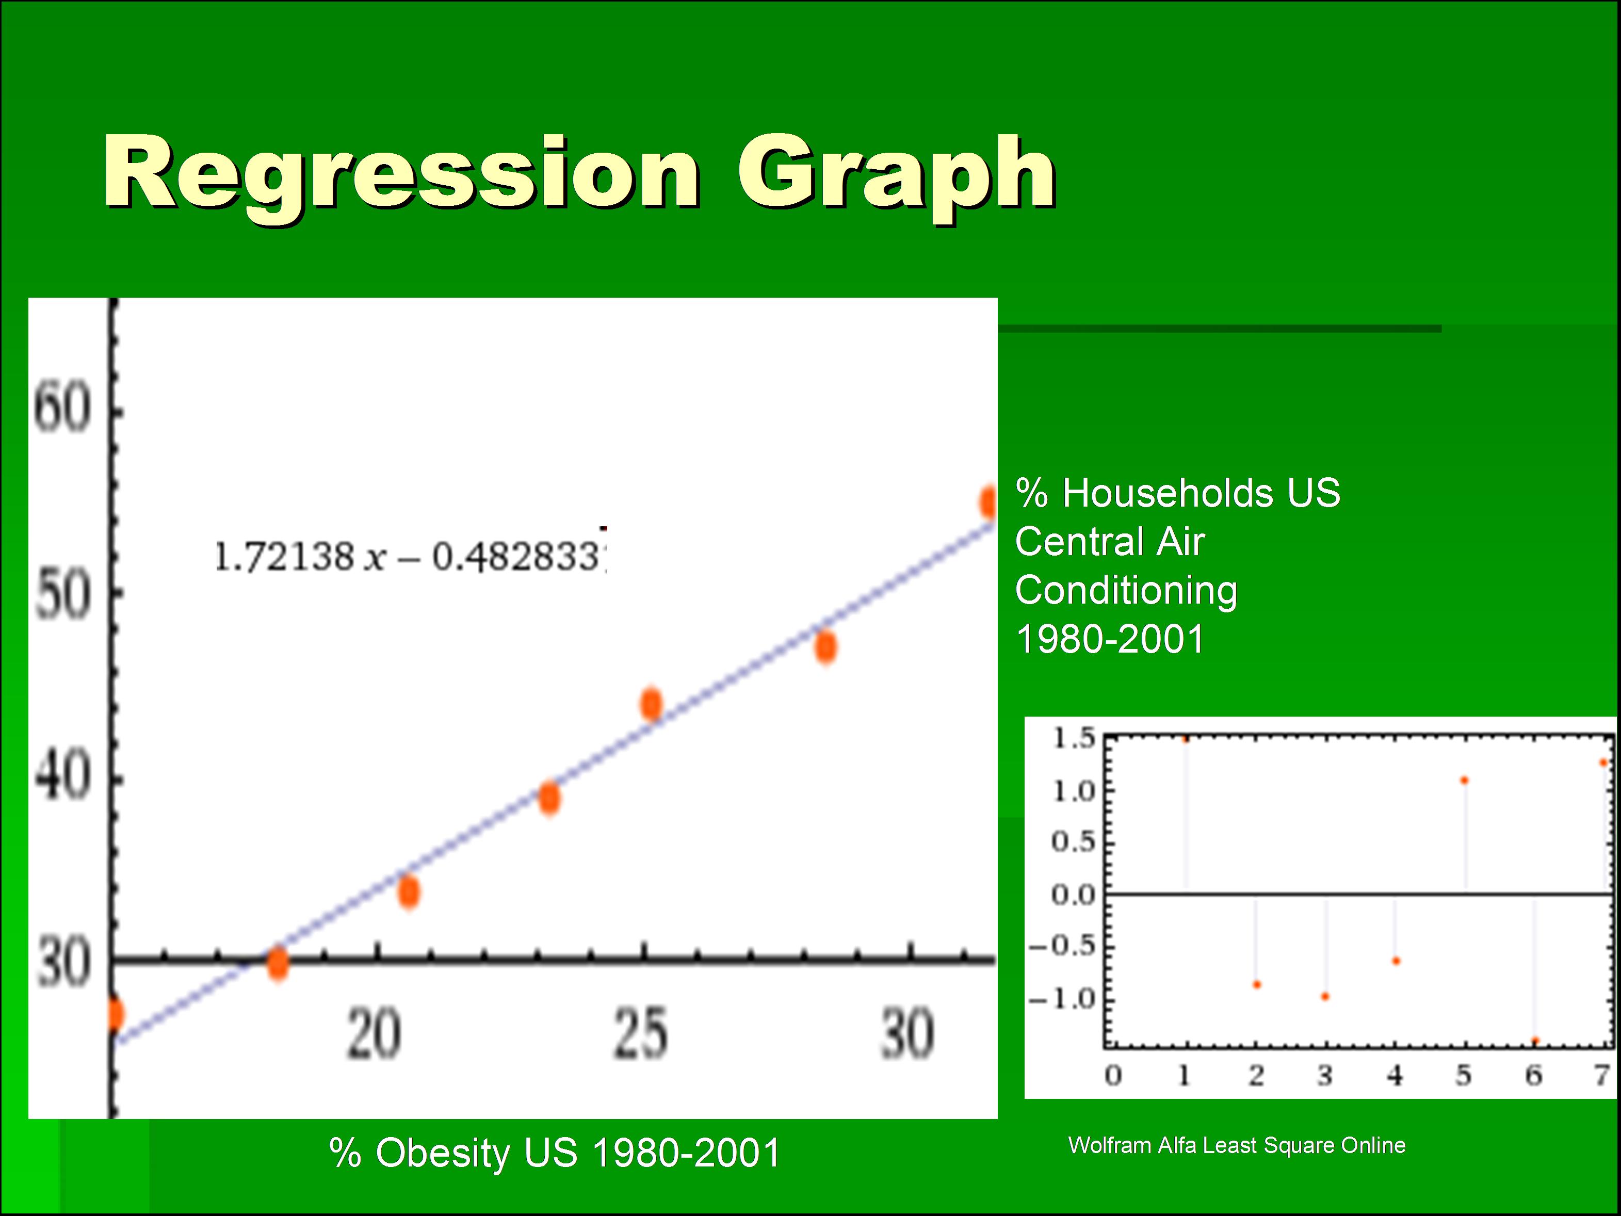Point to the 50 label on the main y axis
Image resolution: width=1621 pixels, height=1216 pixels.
pos(63,596)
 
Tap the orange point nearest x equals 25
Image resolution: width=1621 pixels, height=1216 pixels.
pos(651,704)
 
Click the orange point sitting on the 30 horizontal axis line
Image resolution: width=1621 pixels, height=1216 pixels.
pos(278,964)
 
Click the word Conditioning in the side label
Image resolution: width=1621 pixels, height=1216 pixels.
pos(1126,591)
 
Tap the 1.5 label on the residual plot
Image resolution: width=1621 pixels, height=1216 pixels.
pos(1074,739)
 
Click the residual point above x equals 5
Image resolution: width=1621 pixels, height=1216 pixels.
pos(1464,781)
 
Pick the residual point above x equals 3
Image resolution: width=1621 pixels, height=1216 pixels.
pos(1325,997)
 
